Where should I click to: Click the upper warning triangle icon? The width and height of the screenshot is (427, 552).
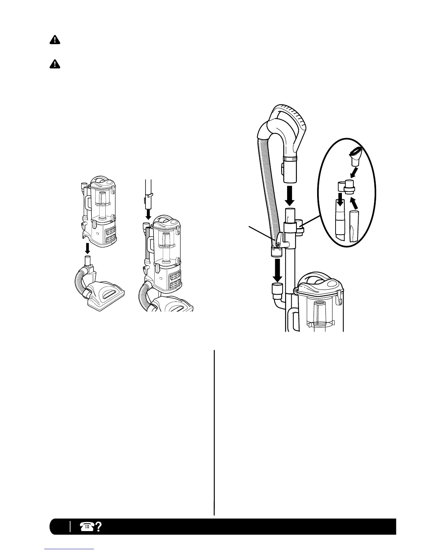[x=54, y=40]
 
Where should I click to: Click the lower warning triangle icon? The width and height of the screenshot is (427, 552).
[x=54, y=64]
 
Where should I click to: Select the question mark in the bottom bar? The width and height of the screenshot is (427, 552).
[x=98, y=526]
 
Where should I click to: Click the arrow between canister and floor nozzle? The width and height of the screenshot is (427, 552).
[x=88, y=248]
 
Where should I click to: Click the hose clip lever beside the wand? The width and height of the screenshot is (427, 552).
[x=280, y=241]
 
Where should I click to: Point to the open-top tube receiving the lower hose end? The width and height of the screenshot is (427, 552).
[x=277, y=289]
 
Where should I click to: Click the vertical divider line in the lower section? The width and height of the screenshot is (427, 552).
[x=214, y=432]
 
